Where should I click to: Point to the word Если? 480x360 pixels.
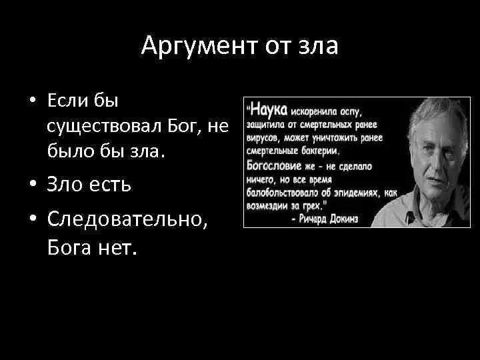[68, 101]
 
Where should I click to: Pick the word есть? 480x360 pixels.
[113, 185]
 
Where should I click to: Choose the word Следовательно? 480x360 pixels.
[128, 219]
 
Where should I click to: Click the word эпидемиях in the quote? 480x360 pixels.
[359, 193]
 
